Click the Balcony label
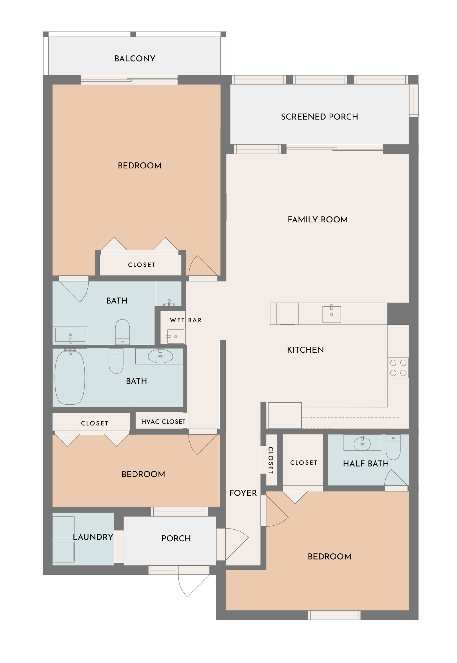click(135, 59)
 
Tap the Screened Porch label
click(319, 117)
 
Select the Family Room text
click(318, 220)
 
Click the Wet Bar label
click(186, 320)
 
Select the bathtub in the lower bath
click(70, 377)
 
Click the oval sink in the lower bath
click(160, 356)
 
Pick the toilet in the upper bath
click(123, 332)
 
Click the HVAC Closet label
click(163, 422)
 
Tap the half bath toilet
click(393, 447)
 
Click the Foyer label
click(243, 493)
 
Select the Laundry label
click(93, 537)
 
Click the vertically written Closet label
click(270, 460)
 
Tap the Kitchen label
click(305, 350)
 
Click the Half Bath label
click(366, 463)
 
